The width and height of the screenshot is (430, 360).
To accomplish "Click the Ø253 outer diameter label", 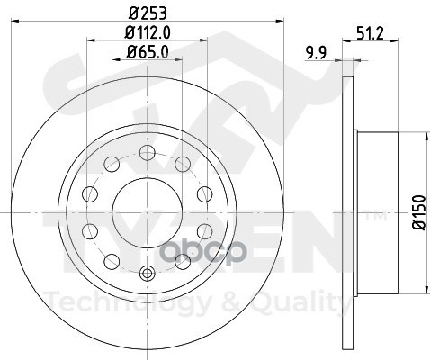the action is click(x=148, y=13).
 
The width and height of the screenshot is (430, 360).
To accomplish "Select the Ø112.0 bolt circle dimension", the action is click(x=148, y=32).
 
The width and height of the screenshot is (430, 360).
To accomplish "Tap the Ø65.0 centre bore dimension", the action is click(x=148, y=52).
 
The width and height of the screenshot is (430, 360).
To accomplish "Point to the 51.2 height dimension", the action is click(x=371, y=33).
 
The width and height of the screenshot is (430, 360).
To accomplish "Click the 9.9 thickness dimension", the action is click(x=316, y=53).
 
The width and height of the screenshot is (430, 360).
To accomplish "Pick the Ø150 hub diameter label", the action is click(x=419, y=212).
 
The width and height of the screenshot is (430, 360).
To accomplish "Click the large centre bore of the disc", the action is click(x=148, y=213).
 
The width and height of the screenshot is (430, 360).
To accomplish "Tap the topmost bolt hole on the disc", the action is click(x=148, y=152).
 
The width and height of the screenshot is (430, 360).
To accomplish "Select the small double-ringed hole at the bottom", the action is click(x=148, y=273).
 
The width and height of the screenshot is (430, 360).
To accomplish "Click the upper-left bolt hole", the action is click(x=112, y=164).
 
